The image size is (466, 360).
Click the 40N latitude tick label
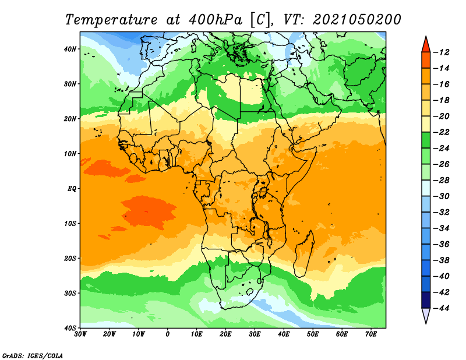[x=70, y=49]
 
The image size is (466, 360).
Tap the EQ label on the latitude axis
[x=72, y=189]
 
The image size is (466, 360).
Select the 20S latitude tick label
[x=70, y=258]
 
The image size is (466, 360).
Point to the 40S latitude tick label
[x=70, y=328]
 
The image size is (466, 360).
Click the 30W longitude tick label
[x=80, y=334]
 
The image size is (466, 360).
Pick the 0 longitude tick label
[x=167, y=334]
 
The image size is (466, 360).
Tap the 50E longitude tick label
[x=313, y=334]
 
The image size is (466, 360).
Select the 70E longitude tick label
[x=371, y=334]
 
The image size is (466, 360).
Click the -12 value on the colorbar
[x=442, y=52]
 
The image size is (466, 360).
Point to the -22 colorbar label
[x=442, y=133]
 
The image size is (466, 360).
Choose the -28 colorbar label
[x=442, y=181]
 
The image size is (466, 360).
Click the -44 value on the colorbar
[x=442, y=309]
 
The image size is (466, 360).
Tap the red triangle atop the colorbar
[x=426, y=45]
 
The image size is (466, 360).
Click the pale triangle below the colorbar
[x=426, y=315]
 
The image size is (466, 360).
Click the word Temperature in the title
[x=111, y=20]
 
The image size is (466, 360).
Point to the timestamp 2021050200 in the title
[x=357, y=20]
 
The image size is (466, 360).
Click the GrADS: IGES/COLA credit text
[x=33, y=356]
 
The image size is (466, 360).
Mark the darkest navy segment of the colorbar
[x=426, y=300]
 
